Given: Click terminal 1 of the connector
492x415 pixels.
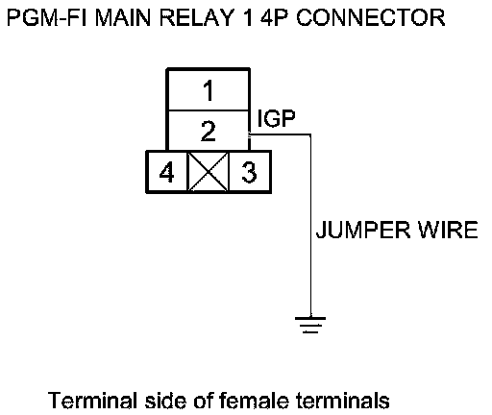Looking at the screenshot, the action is pyautogui.click(x=209, y=90).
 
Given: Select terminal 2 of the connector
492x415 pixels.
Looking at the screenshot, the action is pyautogui.click(x=209, y=131).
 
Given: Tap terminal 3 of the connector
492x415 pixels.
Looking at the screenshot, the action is pyautogui.click(x=250, y=172).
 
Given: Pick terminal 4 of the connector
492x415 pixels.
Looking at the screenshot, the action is pyautogui.click(x=166, y=172).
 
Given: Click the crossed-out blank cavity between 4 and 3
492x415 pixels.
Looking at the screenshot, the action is pyautogui.click(x=209, y=172).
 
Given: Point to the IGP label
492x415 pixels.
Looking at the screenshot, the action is pyautogui.click(x=276, y=118).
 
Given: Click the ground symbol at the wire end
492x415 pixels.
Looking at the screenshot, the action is pyautogui.click(x=310, y=325).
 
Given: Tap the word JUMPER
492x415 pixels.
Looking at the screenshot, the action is pyautogui.click(x=363, y=230).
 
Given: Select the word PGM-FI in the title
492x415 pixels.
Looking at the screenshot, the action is pyautogui.click(x=47, y=17).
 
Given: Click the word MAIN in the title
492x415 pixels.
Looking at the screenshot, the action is pyautogui.click(x=123, y=17).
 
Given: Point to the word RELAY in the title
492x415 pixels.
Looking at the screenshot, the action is pyautogui.click(x=197, y=17).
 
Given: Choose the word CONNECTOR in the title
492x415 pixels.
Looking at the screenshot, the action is pyautogui.click(x=371, y=17).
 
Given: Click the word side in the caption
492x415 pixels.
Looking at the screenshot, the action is pyautogui.click(x=165, y=401).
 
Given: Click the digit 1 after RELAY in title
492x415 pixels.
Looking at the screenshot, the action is pyautogui.click(x=247, y=17).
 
